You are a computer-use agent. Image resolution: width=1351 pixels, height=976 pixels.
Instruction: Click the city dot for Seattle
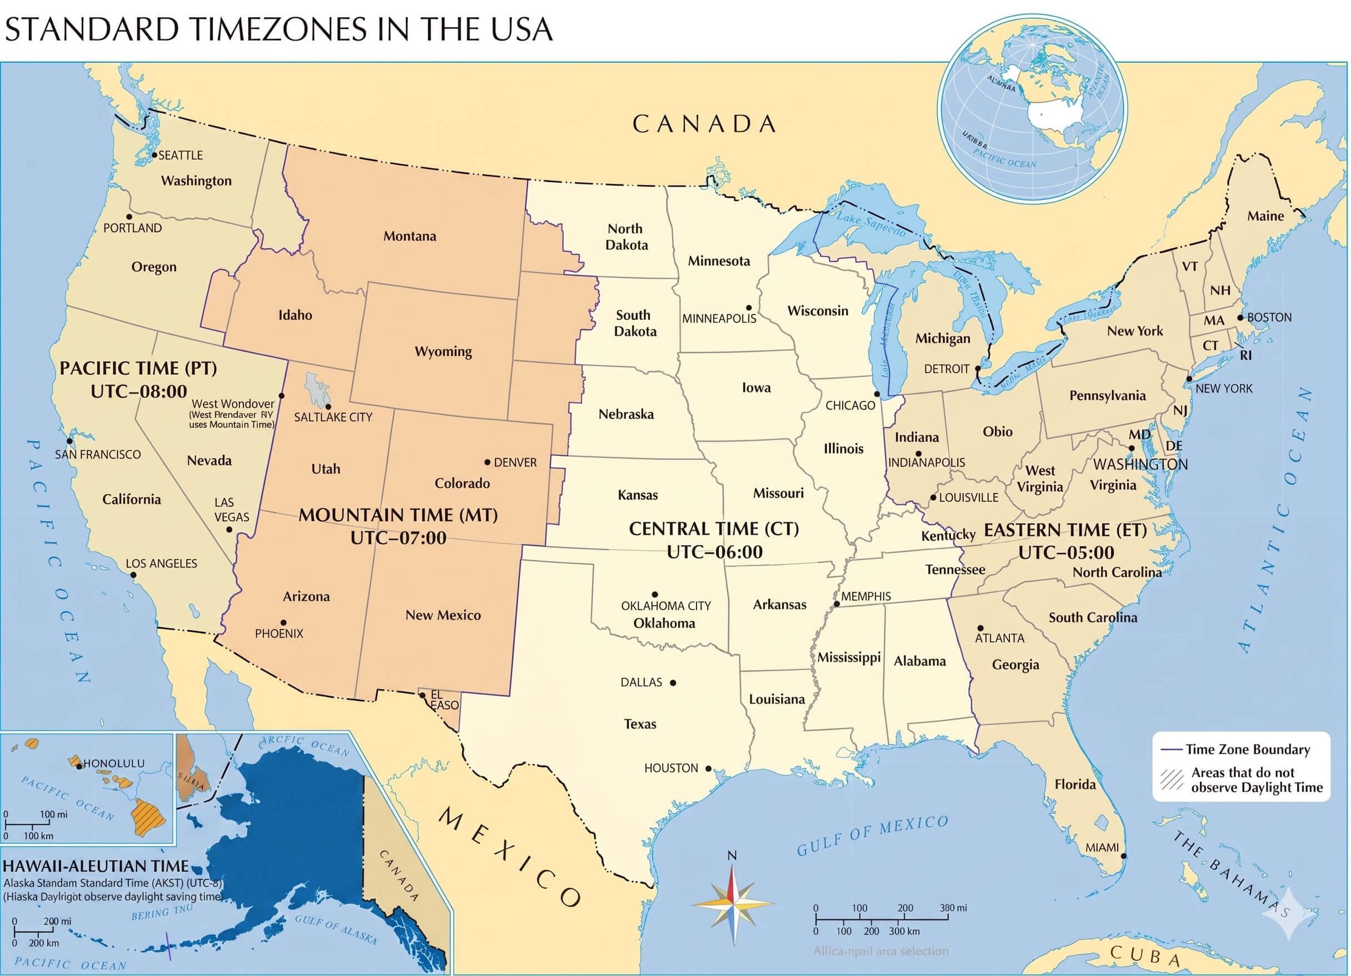coord(154,155)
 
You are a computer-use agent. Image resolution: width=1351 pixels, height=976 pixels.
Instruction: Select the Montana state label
coord(409,237)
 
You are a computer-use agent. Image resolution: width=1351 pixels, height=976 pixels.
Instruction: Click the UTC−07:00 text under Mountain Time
coord(398,539)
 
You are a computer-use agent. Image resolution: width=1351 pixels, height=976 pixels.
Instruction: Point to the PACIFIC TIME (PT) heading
coord(138,369)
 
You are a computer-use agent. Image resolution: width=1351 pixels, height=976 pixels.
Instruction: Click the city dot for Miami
coord(1123,856)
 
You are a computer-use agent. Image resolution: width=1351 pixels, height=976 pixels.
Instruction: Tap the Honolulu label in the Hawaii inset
coord(113,763)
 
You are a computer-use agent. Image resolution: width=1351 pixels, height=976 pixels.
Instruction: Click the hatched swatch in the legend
coord(1171,780)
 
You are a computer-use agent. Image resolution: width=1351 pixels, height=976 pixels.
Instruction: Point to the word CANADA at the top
coord(704,124)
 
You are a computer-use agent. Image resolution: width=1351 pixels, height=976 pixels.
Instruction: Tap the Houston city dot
coord(708,769)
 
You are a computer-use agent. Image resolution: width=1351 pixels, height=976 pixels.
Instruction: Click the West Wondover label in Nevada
coord(233,404)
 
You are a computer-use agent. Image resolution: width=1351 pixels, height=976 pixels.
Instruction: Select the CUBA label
coord(1145,954)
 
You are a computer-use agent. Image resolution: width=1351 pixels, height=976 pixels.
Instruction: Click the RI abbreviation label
coord(1245,356)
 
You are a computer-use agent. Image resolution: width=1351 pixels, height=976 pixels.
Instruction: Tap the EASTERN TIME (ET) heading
coord(1065,531)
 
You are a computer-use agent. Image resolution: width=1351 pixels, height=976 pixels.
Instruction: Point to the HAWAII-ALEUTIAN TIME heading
coord(96,867)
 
